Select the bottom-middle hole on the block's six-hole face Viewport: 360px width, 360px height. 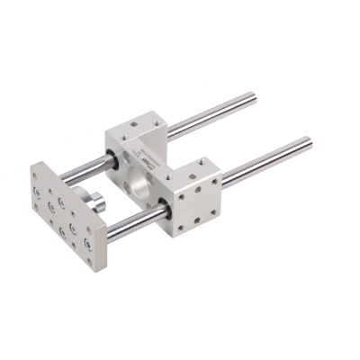pos(197,219)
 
